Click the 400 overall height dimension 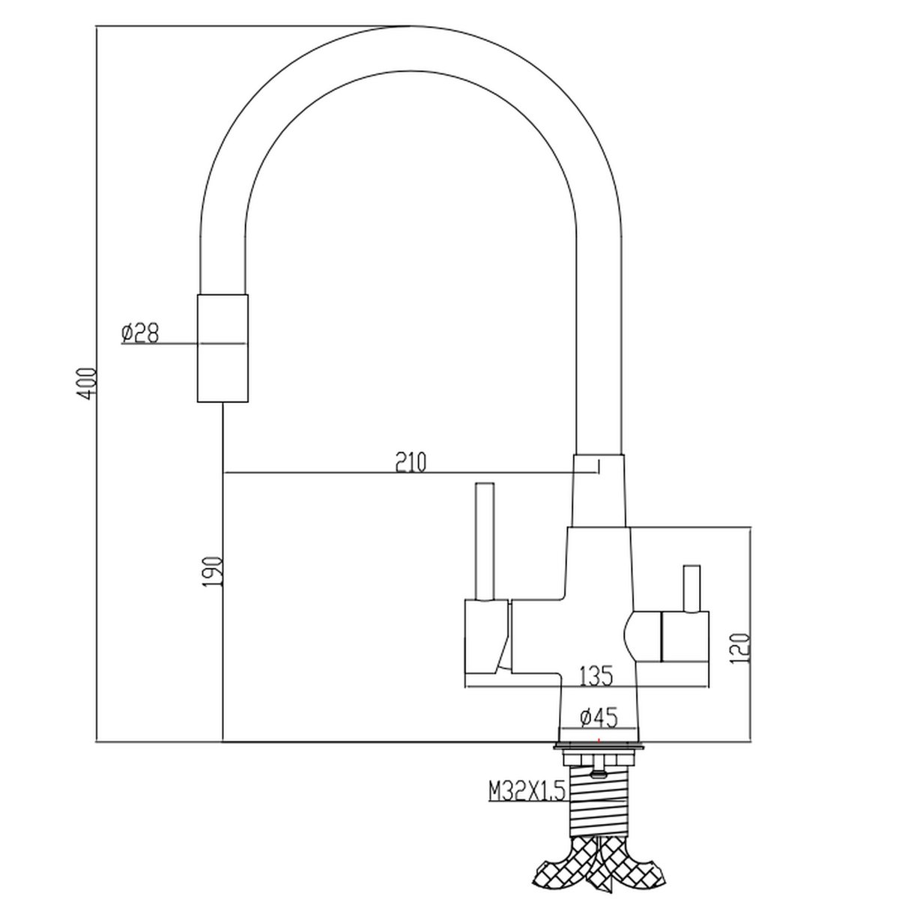[88, 384]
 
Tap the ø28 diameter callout [140, 333]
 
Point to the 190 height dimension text [213, 572]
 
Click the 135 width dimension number [596, 677]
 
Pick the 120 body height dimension [740, 648]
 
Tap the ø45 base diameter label [599, 718]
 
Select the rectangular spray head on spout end [223, 348]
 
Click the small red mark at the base [599, 739]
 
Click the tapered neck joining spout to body [599, 491]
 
